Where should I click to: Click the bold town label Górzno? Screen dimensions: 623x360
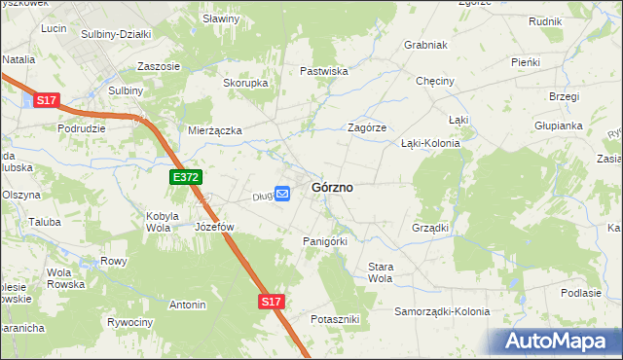coord(331,187)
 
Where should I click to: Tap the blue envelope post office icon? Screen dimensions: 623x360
coord(282,195)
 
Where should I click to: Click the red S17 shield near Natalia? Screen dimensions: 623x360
coord(46,100)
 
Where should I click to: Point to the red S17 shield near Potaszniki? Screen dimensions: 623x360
coord(272,303)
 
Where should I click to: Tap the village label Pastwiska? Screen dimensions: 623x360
coord(324,71)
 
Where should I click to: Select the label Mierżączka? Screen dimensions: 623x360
coord(214,129)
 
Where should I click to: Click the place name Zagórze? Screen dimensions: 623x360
coord(368,127)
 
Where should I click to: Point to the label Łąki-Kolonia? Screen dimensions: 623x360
coord(430,142)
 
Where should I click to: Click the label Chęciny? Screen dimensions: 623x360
coord(435,82)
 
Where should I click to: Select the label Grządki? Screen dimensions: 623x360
coord(429,228)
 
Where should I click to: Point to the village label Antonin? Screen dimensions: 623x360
coord(187,305)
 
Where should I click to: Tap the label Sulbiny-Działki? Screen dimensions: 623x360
coord(116,33)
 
